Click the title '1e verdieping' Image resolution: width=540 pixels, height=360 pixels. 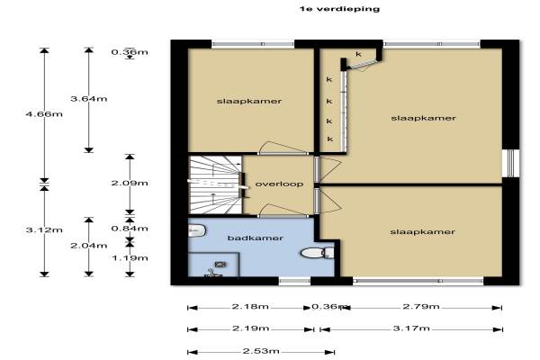(x=339, y=9)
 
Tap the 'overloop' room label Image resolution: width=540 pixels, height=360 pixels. (x=279, y=184)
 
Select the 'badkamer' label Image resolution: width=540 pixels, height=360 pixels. (x=256, y=238)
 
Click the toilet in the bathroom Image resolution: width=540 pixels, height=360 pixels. (x=317, y=253)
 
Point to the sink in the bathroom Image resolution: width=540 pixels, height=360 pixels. (x=196, y=230)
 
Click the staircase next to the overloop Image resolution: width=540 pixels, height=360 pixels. (x=214, y=184)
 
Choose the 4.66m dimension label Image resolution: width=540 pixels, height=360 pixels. (x=44, y=113)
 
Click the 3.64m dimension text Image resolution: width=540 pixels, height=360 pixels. (x=89, y=99)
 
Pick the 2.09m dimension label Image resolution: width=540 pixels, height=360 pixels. (x=130, y=183)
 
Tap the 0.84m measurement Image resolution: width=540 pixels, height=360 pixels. (x=130, y=229)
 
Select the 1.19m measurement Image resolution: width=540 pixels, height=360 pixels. (x=130, y=258)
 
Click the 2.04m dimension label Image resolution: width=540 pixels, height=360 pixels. (x=89, y=246)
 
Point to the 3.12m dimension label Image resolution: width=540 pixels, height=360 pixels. (x=44, y=229)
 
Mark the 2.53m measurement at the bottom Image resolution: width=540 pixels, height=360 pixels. (x=261, y=351)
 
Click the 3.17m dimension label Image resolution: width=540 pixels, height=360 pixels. (x=411, y=328)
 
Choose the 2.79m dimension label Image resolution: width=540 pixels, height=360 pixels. (x=421, y=306)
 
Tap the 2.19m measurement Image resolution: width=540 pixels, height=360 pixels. (x=251, y=328)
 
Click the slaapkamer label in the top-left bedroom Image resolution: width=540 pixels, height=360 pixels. (x=249, y=102)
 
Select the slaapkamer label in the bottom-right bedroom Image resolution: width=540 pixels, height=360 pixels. (x=423, y=232)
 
